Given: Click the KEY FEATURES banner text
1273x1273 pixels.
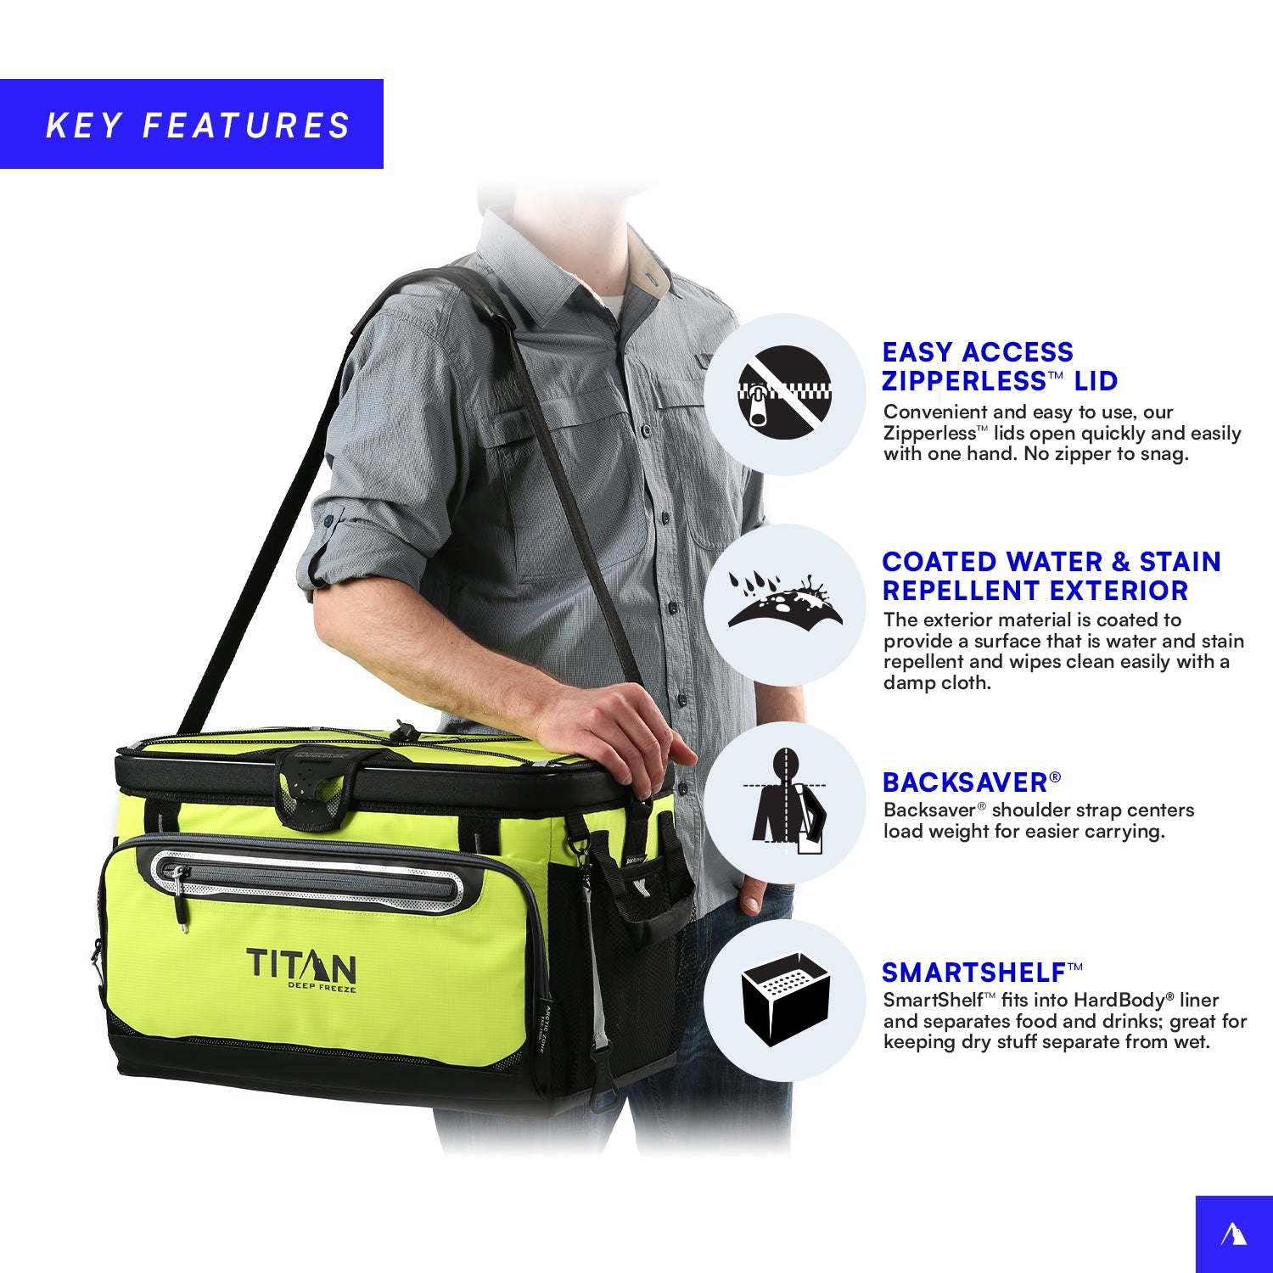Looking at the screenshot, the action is click(x=198, y=126).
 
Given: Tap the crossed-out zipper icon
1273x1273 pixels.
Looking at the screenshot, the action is click(x=784, y=391).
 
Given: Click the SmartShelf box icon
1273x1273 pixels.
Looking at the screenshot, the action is click(x=785, y=997).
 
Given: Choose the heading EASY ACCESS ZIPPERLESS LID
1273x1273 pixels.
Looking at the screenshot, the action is click(x=1000, y=367).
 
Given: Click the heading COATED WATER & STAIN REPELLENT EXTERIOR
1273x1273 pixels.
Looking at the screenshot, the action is click(x=1051, y=576).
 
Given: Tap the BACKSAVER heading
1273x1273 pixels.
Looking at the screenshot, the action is click(x=971, y=782).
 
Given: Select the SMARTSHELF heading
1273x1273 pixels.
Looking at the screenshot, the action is click(x=982, y=973).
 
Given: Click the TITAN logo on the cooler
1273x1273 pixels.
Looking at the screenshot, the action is click(x=301, y=967).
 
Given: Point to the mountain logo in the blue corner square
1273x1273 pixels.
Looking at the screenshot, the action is click(x=1233, y=1234).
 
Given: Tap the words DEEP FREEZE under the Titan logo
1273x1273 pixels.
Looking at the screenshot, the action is click(x=322, y=987).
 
